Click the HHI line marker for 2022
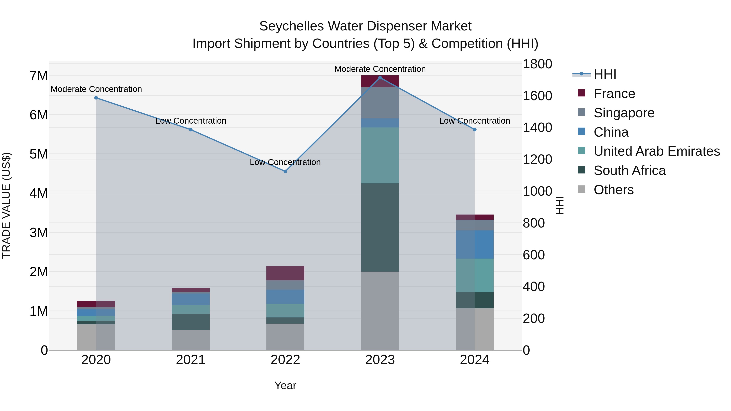pos(285,171)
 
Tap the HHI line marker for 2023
pos(380,78)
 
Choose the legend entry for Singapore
pos(624,113)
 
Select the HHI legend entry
pos(604,74)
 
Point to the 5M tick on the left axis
pos(39,154)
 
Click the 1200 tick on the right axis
pos(537,159)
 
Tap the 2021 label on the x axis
pos(191,360)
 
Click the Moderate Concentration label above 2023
pos(380,69)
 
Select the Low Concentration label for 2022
pos(285,162)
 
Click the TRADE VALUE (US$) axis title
pos(6,205)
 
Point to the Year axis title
pos(285,385)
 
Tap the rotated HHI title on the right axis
pos(560,205)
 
